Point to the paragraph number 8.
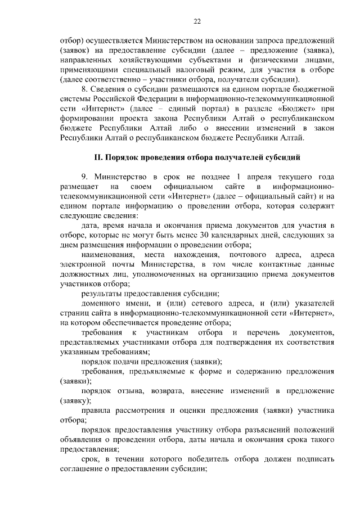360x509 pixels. [84, 88]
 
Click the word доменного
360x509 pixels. [103, 304]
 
